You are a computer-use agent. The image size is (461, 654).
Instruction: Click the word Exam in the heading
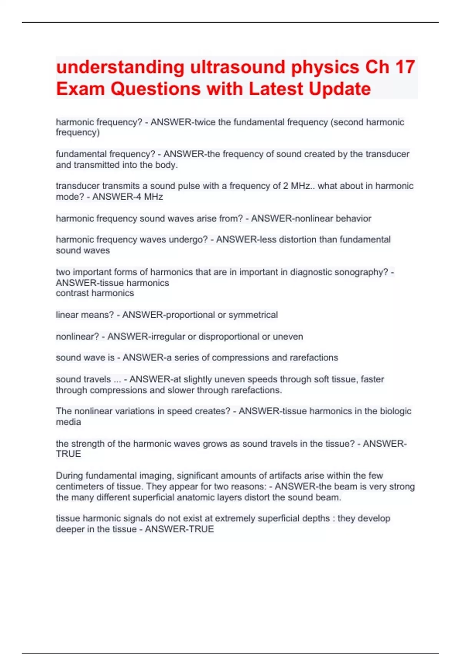[x=80, y=89]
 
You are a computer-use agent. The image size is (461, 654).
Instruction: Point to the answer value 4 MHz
[x=148, y=197]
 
